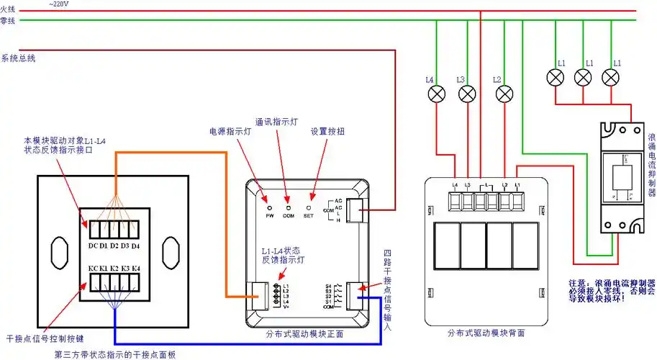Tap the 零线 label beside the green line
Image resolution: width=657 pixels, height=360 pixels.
pos(7,21)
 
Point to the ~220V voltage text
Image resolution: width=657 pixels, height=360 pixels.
pos(60,4)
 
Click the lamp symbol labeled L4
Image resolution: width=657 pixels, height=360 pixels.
pos(437,94)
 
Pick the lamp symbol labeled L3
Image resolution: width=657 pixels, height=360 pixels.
pos(467,94)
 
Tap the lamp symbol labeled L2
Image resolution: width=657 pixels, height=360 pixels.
pos(505,94)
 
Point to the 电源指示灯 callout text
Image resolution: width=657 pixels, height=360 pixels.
pos(230,132)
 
